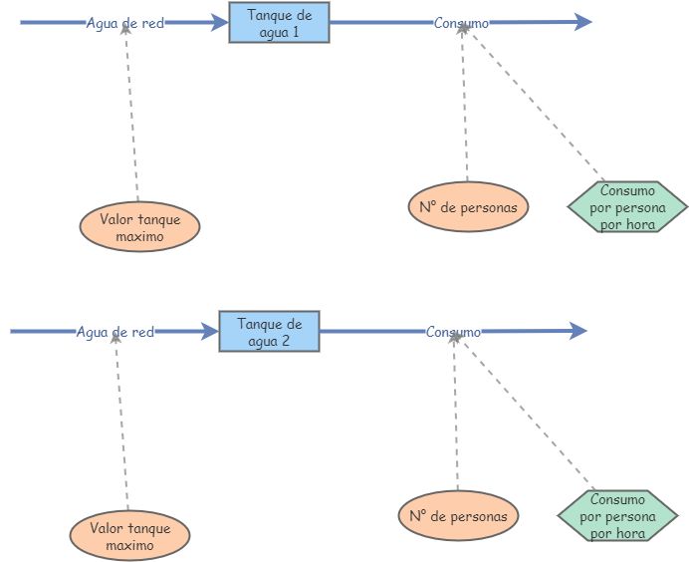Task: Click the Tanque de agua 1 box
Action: pyautogui.click(x=279, y=22)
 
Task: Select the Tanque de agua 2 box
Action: pyautogui.click(x=269, y=332)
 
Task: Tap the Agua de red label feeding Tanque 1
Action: pyautogui.click(x=125, y=23)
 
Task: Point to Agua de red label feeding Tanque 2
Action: pyautogui.click(x=115, y=332)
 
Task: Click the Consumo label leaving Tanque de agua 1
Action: pyautogui.click(x=461, y=23)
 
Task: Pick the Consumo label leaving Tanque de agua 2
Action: pyautogui.click(x=453, y=332)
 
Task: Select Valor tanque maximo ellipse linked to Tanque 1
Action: pyautogui.click(x=139, y=228)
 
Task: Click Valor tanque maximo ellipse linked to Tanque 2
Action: pyautogui.click(x=129, y=537)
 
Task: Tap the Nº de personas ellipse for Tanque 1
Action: pyautogui.click(x=468, y=207)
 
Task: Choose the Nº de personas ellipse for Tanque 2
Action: pyautogui.click(x=458, y=516)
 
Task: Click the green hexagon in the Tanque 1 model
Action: pyautogui.click(x=627, y=207)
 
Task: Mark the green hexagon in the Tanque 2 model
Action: pyautogui.click(x=617, y=516)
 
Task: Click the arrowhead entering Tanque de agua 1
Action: pyautogui.click(x=220, y=23)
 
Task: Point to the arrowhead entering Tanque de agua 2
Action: pyautogui.click(x=210, y=332)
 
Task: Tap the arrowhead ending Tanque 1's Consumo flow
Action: pyautogui.click(x=583, y=23)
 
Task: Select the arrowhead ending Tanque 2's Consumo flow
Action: pyautogui.click(x=577, y=332)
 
